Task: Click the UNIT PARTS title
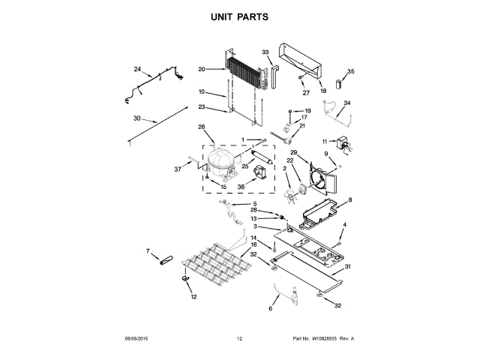tap(239, 16)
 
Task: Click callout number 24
tap(137, 69)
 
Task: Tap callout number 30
tap(136, 118)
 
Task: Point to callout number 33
tap(265, 52)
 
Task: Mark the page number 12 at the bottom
tap(240, 339)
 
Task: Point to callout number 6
tap(271, 308)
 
